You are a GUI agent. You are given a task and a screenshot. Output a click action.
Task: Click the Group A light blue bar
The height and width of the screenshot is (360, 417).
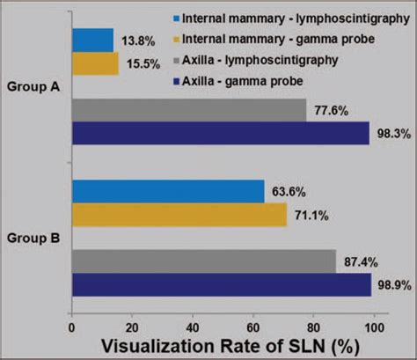point(92,40)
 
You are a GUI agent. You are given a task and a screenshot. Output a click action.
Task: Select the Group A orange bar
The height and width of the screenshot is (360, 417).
point(95,63)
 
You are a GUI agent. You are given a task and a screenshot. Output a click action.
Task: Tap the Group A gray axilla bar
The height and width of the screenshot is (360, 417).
point(188,109)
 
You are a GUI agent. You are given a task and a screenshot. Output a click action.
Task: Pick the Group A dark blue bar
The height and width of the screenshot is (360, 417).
point(220,133)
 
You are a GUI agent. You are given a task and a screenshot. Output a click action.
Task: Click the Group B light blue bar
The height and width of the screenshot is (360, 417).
point(168,191)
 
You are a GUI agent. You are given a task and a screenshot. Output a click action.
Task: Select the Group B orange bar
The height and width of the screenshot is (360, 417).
point(179,215)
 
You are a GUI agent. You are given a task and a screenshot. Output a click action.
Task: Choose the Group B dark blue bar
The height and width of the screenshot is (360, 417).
point(221,284)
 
